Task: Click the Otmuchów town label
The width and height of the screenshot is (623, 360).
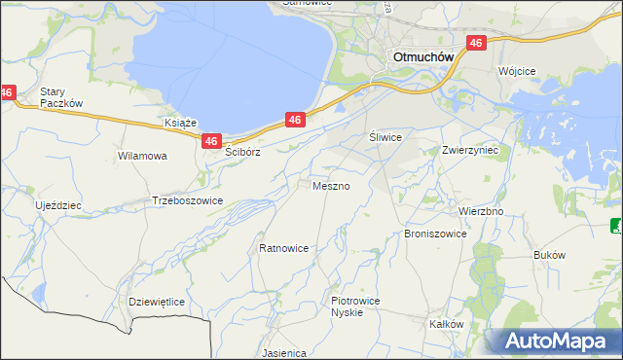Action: pos(423,57)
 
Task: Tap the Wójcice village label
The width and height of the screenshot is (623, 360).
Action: pos(518,72)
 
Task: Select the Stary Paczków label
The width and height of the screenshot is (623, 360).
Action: pos(61,98)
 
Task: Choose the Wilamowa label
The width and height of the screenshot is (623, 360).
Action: pos(142,156)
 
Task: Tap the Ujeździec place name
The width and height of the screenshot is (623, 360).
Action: pos(58,206)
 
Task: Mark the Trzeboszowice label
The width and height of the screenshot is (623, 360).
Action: pos(188,200)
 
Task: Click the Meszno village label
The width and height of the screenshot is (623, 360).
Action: pos(331,185)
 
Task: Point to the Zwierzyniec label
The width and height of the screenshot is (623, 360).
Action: pos(470,151)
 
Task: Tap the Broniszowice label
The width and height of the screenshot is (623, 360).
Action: pos(435,234)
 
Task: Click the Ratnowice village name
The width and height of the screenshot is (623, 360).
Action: pos(284,248)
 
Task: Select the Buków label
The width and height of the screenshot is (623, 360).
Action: pos(550,254)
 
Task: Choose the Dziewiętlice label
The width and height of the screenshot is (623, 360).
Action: pos(157,302)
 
